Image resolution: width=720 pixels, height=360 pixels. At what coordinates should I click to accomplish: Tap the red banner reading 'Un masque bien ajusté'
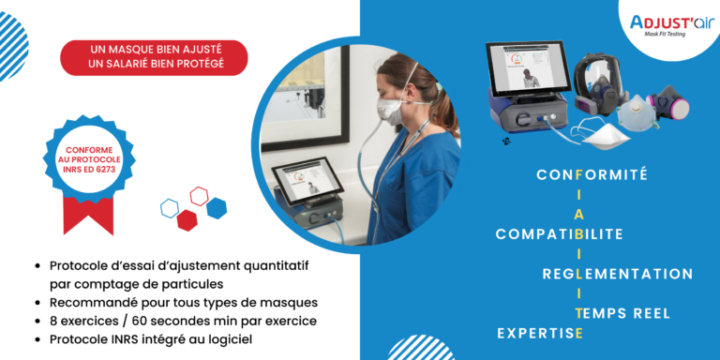pos(154,57)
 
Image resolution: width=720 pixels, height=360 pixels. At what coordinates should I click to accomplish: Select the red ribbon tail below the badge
pos(88,215)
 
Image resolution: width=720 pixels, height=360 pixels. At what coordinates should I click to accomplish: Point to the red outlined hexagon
pos(200,196)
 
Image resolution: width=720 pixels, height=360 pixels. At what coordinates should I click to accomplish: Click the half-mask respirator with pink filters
pos(668,104)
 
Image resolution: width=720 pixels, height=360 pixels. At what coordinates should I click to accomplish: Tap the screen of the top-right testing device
pos(529,68)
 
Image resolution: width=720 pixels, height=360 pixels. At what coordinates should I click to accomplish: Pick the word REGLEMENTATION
pos(618,274)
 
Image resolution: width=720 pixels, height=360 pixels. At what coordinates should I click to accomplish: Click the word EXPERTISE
pos(535,333)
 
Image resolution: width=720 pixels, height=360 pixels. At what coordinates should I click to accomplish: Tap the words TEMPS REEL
pos(623,313)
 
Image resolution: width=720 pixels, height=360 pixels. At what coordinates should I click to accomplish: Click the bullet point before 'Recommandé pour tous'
pos(36,303)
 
